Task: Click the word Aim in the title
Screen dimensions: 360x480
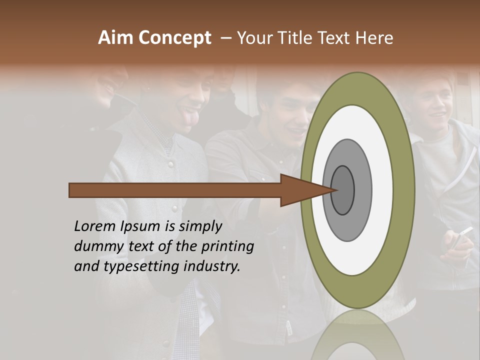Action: click(115, 38)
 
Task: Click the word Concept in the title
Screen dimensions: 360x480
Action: click(174, 38)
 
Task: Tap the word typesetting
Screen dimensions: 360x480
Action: click(140, 266)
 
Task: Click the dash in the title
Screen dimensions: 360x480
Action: click(226, 38)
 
